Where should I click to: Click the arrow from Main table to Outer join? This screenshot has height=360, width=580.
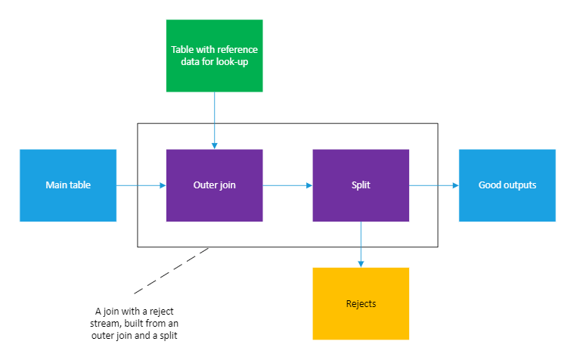click(x=141, y=185)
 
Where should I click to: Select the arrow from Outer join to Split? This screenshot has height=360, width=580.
click(x=287, y=185)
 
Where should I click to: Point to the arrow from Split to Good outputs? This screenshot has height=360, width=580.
click(x=433, y=185)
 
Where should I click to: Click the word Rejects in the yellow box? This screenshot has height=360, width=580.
click(x=361, y=304)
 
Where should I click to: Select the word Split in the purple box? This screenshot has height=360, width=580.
click(x=361, y=185)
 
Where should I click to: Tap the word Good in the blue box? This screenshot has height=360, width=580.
click(x=491, y=185)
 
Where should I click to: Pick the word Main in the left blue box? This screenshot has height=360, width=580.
click(x=56, y=185)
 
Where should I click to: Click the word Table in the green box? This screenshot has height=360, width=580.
click(x=182, y=50)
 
